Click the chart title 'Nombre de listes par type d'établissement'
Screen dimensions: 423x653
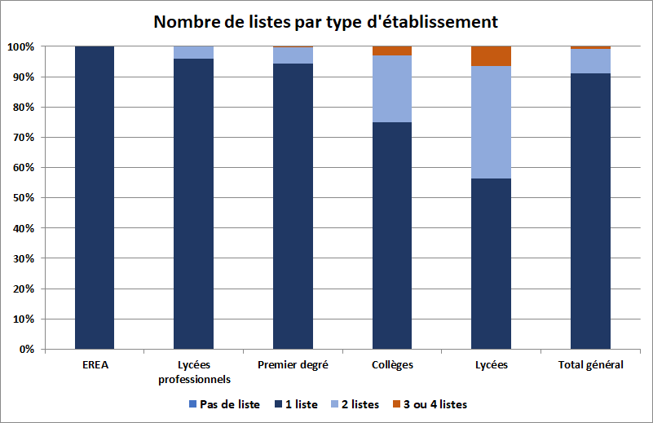point(326,21)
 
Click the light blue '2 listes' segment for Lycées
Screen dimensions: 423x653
point(491,122)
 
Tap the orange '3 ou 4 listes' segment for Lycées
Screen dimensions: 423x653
point(491,56)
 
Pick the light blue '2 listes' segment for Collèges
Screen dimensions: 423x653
point(391,89)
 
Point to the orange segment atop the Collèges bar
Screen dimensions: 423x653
point(391,51)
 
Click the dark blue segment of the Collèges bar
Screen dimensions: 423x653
point(391,236)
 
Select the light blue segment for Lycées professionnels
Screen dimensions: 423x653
point(193,52)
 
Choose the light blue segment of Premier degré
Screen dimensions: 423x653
point(293,55)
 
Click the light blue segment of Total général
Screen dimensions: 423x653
point(590,61)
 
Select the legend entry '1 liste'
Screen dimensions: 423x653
point(298,404)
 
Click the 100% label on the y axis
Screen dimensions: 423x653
point(21,46)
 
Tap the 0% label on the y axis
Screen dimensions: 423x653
point(26,349)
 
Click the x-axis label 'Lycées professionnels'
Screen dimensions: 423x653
point(193,372)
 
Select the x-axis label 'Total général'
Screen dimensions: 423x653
point(590,365)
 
